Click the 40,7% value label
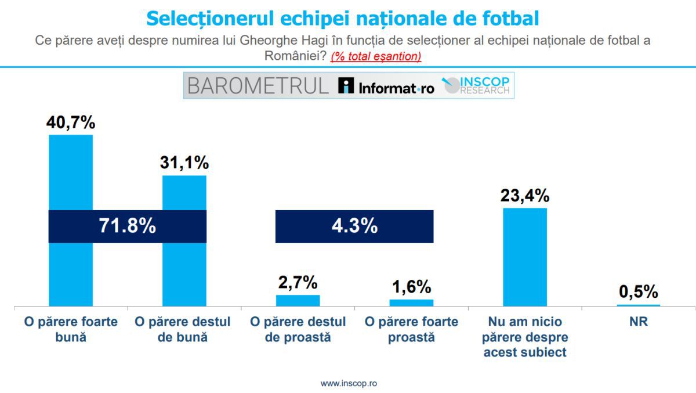pyautogui.click(x=71, y=122)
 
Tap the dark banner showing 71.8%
pyautogui.click(x=127, y=226)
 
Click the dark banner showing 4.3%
pyautogui.click(x=354, y=226)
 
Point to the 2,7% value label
pyautogui.click(x=298, y=283)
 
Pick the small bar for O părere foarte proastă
pyautogui.click(x=411, y=302)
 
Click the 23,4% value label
pyautogui.click(x=524, y=196)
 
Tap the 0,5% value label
pyautogui.click(x=638, y=291)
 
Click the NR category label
pyautogui.click(x=638, y=322)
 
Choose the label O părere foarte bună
pyautogui.click(x=71, y=329)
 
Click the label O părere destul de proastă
pyautogui.click(x=298, y=329)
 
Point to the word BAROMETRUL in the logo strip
pyautogui.click(x=258, y=86)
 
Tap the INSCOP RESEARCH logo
pyautogui.click(x=477, y=86)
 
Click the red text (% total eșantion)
pyautogui.click(x=376, y=56)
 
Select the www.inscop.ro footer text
pyautogui.click(x=349, y=384)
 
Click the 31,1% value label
pyautogui.click(x=184, y=163)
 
